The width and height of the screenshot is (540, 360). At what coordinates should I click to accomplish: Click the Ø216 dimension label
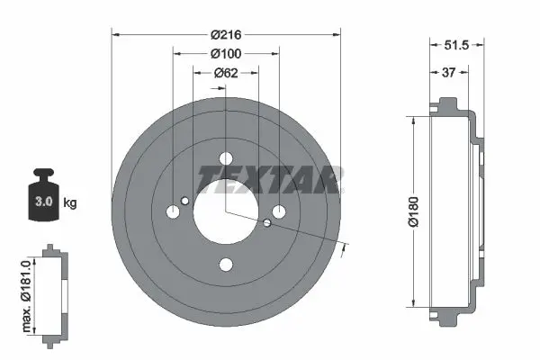(226, 35)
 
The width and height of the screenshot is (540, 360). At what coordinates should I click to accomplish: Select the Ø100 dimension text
(226, 54)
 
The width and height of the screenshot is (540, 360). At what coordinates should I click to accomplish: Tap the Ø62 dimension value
(226, 73)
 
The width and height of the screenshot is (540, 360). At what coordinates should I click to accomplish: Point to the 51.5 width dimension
(456, 45)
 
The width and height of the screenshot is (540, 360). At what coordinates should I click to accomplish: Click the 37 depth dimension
(448, 73)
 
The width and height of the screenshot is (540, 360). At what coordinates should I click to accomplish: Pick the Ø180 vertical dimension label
(413, 211)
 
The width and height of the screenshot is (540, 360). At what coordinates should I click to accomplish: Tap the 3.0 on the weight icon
(44, 202)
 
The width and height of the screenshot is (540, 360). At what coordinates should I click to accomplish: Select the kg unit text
(70, 202)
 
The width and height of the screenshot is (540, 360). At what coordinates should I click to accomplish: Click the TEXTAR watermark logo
(270, 179)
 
